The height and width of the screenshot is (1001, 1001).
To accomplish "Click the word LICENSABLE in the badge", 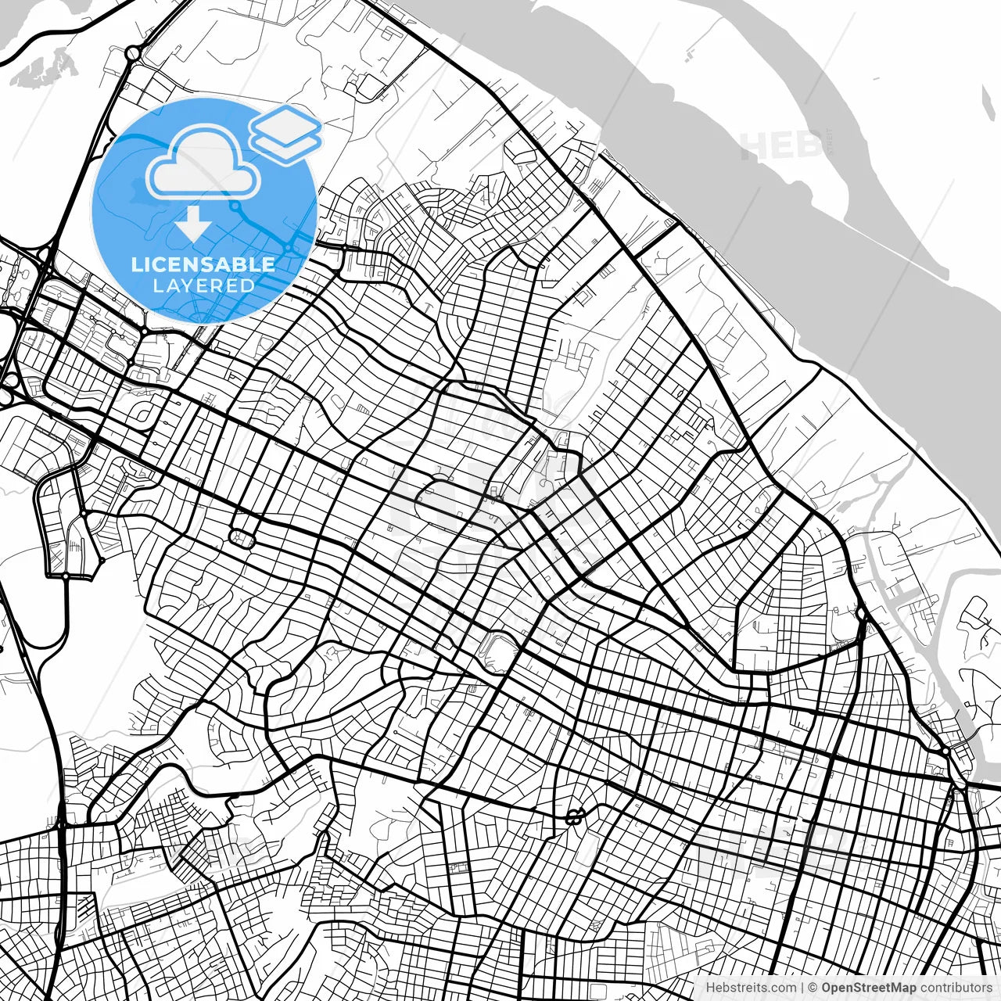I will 203,264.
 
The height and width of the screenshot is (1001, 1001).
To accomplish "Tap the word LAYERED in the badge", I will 203,286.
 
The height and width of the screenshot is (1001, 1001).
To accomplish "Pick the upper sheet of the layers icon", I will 285,122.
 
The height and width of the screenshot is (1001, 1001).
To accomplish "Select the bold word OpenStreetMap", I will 868,988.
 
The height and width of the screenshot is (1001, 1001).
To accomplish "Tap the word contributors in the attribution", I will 955,988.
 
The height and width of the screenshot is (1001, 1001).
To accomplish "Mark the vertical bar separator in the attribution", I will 802,988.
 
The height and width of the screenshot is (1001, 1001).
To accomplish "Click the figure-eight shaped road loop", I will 575,816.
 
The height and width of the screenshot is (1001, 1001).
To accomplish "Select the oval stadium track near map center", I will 498,651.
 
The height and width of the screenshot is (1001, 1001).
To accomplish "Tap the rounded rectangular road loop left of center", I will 242,538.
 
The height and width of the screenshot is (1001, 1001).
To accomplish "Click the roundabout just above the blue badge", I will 132,54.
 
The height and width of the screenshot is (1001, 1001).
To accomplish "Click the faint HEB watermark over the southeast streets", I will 751,849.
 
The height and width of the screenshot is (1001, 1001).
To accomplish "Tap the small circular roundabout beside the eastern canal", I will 860,615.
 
